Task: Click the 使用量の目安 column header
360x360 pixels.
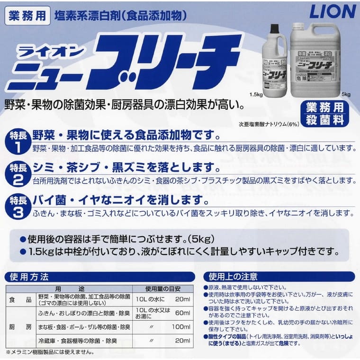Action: (162, 288)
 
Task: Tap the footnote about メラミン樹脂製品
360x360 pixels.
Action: (50, 352)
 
